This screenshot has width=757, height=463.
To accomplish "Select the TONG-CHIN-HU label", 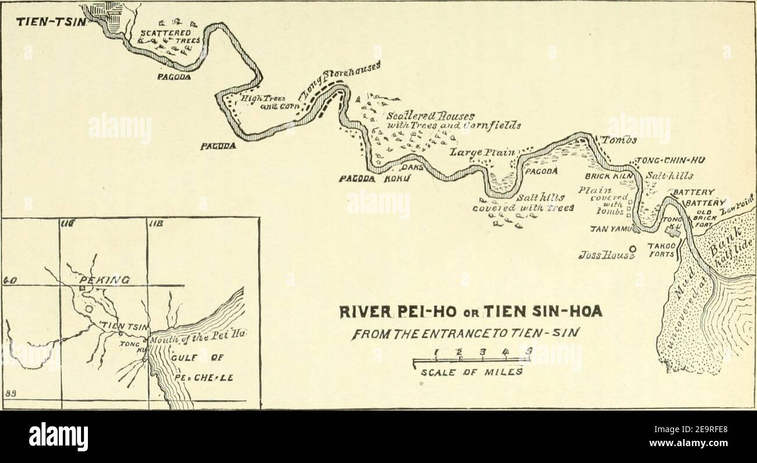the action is tap(667, 161).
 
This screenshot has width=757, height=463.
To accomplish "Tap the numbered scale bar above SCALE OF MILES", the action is tap(472, 353).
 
